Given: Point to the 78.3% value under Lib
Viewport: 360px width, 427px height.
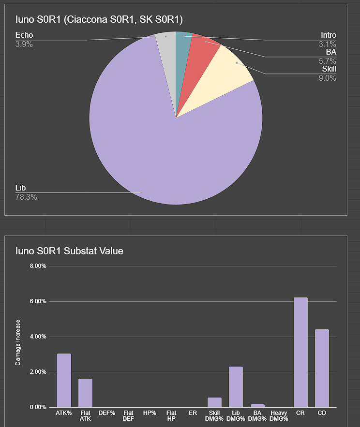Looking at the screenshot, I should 26,197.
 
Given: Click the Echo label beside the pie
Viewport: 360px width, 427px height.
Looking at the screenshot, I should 24,35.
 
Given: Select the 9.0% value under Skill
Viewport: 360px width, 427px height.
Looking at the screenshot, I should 327,77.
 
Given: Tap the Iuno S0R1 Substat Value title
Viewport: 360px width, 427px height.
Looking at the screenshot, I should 69,251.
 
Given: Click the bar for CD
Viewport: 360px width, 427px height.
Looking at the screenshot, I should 322,368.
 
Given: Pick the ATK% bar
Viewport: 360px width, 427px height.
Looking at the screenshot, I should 64,380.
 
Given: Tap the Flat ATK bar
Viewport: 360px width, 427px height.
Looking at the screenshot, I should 85,393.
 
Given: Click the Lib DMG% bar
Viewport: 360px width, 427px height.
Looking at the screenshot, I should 236,386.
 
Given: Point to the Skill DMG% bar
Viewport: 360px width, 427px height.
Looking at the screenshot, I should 214,402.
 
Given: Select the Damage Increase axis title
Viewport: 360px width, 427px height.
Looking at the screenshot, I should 18,342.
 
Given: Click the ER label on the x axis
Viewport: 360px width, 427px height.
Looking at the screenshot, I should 193,413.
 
